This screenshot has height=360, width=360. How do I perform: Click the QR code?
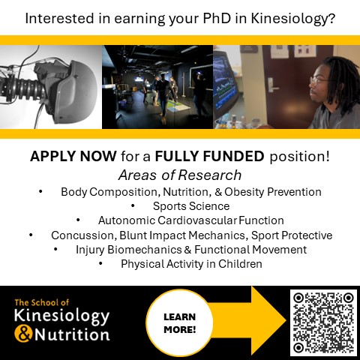pos(322,322)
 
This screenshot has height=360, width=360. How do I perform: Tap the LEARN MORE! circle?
pos(179,322)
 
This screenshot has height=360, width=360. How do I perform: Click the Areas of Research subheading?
pos(180,175)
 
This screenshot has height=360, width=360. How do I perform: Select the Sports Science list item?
pos(191,205)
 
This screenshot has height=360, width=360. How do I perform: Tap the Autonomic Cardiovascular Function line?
pos(190,220)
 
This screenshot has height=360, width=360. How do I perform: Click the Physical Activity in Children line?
pos(190,264)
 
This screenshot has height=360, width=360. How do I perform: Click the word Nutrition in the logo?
pos(71,334)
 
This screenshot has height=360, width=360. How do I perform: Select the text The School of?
pos(42,302)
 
